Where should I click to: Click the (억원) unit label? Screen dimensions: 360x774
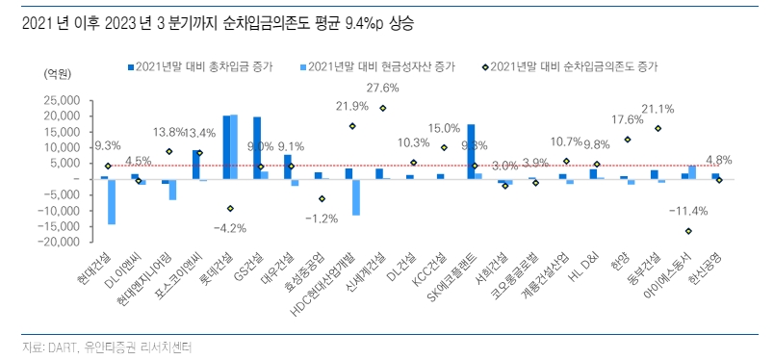pos(58,75)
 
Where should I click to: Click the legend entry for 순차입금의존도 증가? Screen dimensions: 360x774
pos(578,66)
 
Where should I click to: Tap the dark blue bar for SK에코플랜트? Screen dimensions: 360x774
pos(471,151)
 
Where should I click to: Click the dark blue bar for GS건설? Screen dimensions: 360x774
pos(257,147)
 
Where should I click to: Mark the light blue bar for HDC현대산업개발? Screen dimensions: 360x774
pos(356,196)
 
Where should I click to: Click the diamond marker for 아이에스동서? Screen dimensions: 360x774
pos(688,231)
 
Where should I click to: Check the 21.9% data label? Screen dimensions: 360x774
pos(352,106)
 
